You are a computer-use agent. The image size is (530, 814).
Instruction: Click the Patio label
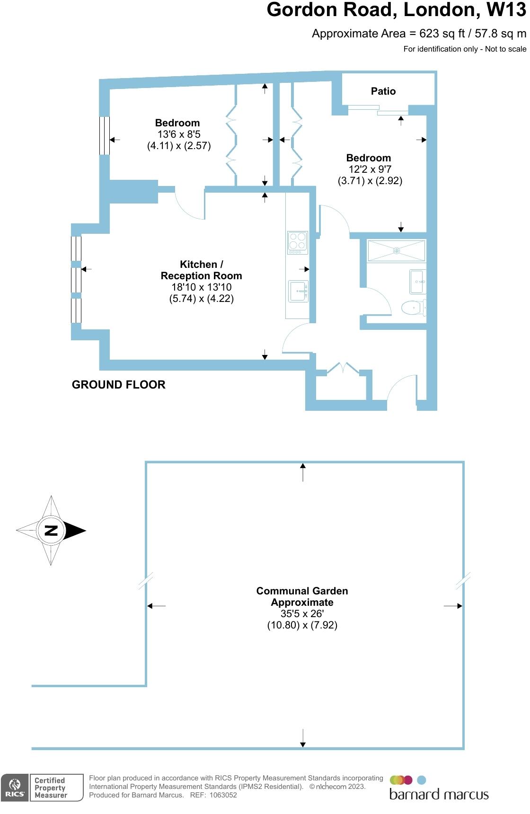[x=383, y=91]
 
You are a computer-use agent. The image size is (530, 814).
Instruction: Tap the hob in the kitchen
[x=297, y=242]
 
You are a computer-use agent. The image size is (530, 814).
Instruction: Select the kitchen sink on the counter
[x=298, y=291]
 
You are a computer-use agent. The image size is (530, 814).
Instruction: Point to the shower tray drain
[x=397, y=250]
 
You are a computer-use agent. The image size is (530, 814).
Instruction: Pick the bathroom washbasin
[x=417, y=282]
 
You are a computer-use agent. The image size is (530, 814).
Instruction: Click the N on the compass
[x=51, y=530]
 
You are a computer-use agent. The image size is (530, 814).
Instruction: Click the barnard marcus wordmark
[x=439, y=794]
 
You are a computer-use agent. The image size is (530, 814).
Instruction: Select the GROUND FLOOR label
[x=119, y=385]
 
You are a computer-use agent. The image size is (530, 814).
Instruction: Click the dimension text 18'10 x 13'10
[x=202, y=287]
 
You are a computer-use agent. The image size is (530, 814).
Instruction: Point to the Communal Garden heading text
[x=302, y=591]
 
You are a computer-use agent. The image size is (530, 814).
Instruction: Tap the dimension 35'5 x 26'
[x=302, y=614]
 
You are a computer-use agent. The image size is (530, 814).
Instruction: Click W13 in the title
[x=506, y=10]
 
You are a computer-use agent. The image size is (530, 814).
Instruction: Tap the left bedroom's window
[x=105, y=135]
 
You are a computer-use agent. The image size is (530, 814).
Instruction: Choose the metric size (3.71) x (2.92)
[x=370, y=181]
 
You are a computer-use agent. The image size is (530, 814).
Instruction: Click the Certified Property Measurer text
[x=50, y=788]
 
